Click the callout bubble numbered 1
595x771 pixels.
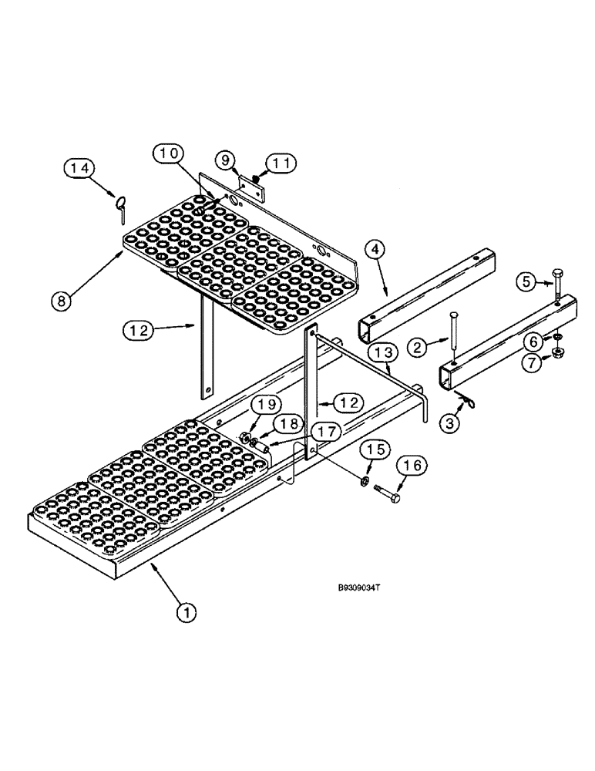[x=184, y=613]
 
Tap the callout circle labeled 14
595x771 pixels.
[x=79, y=167]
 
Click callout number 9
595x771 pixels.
[x=226, y=161]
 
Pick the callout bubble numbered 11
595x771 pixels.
[x=277, y=163]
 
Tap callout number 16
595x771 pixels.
[x=413, y=466]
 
